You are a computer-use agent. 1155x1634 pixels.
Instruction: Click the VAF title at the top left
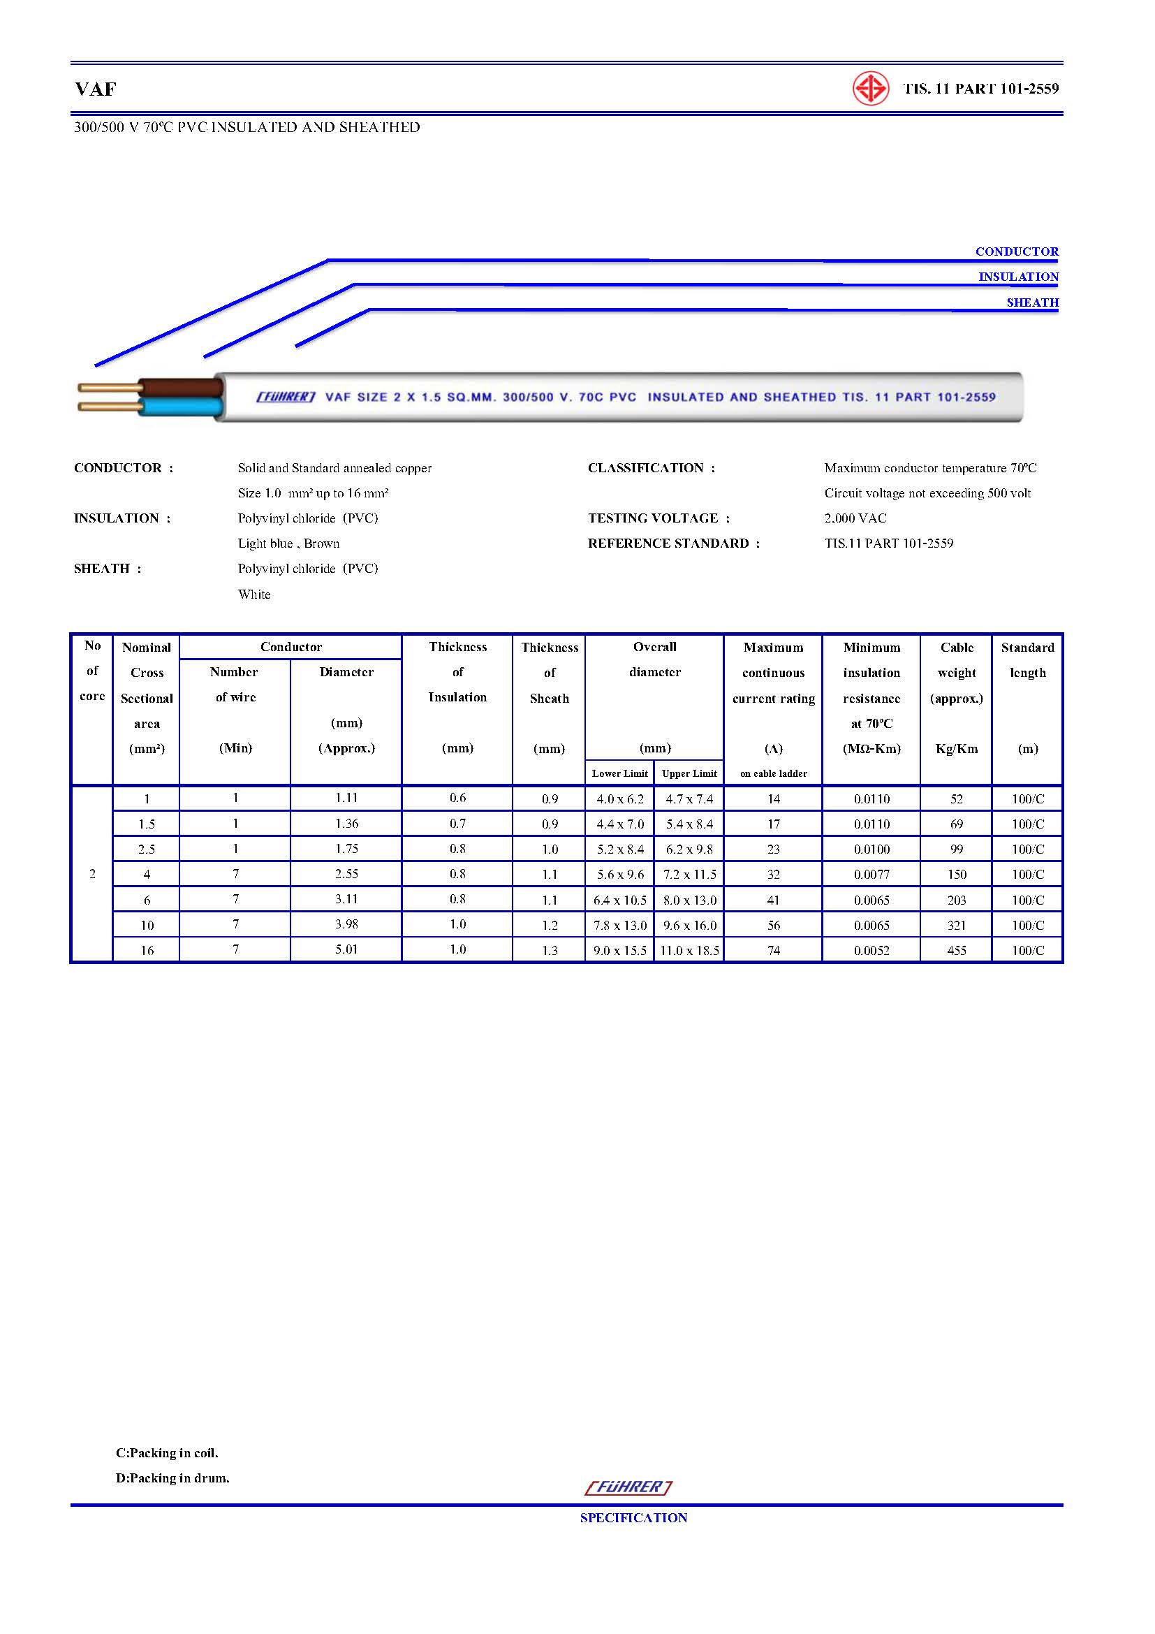pos(95,89)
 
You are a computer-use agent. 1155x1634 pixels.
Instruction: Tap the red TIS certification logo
pos(871,89)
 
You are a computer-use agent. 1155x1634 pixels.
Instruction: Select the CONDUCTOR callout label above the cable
pos(1016,251)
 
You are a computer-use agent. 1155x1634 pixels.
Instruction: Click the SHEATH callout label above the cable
pos(1032,302)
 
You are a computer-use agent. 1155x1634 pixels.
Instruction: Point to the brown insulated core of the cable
pos(182,388)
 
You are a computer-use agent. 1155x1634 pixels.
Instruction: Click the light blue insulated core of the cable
pos(182,407)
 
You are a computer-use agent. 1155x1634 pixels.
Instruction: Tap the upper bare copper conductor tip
pos(107,388)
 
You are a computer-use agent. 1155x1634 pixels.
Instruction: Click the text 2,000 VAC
pos(855,518)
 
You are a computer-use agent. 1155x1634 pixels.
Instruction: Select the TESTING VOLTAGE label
pos(659,518)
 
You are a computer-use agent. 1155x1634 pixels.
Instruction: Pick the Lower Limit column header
pos(619,773)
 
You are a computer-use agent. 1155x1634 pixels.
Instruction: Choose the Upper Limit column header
pos(689,773)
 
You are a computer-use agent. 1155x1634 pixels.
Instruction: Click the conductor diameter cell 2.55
pos(346,874)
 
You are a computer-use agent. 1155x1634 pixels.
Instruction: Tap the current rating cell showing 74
pos(773,950)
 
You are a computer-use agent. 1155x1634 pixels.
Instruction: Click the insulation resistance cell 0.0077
pos(871,875)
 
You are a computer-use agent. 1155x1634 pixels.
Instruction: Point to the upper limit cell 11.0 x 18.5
pos(689,950)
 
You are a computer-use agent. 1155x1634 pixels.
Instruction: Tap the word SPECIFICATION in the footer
pos(633,1517)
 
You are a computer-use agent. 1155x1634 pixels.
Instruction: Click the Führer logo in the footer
pos(628,1487)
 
